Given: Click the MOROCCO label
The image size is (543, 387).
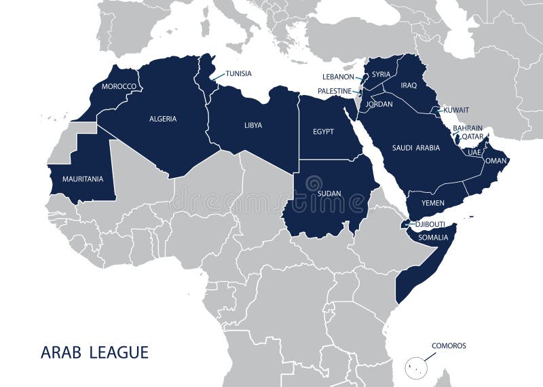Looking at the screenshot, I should coord(119,87).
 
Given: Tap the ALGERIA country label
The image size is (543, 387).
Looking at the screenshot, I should coord(163,119).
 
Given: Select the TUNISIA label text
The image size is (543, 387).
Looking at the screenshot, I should coord(239,73).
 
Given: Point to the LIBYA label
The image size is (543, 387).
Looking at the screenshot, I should coord(253,126).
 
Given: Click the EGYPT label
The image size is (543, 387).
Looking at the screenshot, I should coord(323,132).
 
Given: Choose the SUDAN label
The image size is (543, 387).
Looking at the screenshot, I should coord(329,193).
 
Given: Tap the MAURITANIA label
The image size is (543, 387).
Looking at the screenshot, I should coord(83,179).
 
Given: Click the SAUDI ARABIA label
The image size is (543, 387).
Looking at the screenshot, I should coord(416,147).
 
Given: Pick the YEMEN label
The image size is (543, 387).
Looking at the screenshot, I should coord(433,203).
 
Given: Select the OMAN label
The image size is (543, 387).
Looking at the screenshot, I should coord(497,161).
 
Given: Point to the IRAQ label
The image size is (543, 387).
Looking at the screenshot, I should coord(409,86).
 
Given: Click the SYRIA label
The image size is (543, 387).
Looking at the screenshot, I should coord(381,74).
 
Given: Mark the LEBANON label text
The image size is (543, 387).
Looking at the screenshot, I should coord(338,77).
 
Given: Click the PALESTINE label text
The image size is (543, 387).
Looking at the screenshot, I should coord(335,91).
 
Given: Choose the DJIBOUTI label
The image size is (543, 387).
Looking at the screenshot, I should coord(432,224).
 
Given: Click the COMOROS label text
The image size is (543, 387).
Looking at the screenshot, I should coord(449,346).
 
